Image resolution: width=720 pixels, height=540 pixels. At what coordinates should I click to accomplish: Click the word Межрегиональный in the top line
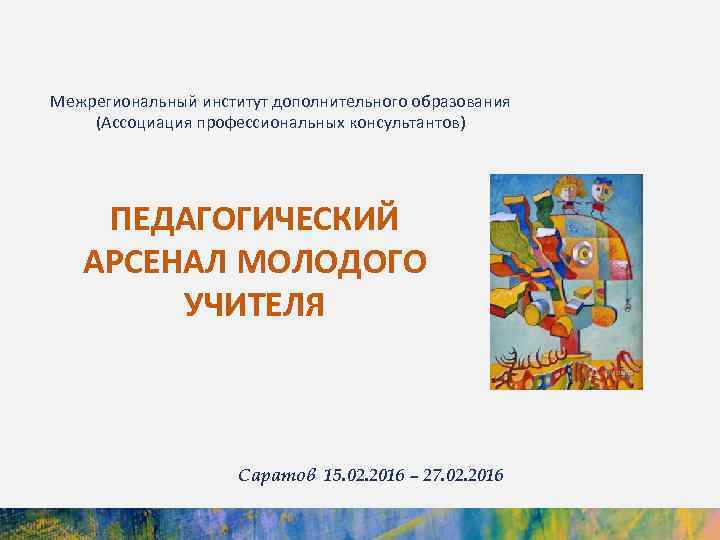point(113,102)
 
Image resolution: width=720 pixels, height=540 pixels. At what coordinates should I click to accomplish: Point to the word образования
point(455,102)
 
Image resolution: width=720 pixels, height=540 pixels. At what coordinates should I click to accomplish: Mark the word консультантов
point(403,123)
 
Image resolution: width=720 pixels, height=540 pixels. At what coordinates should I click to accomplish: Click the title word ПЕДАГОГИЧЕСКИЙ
point(254,219)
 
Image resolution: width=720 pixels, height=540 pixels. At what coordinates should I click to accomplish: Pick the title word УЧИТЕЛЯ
point(254,304)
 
